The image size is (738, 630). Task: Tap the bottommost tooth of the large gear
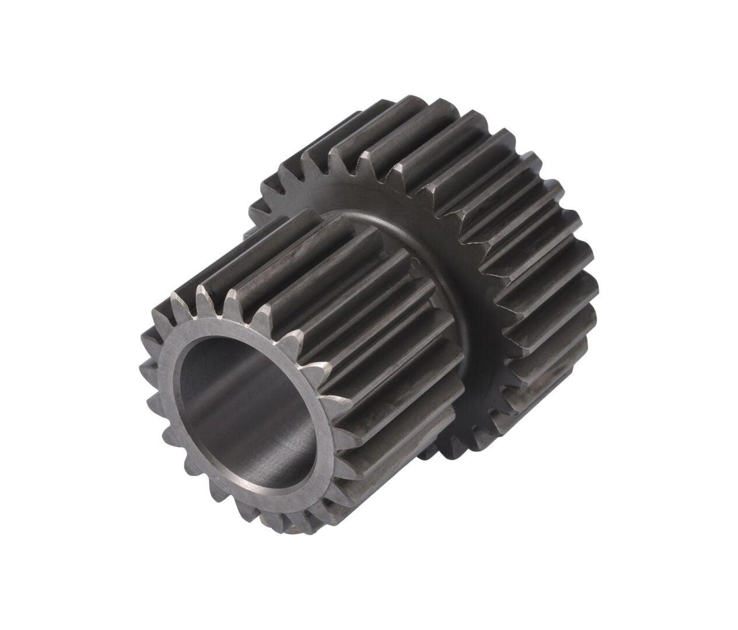coord(450,453)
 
